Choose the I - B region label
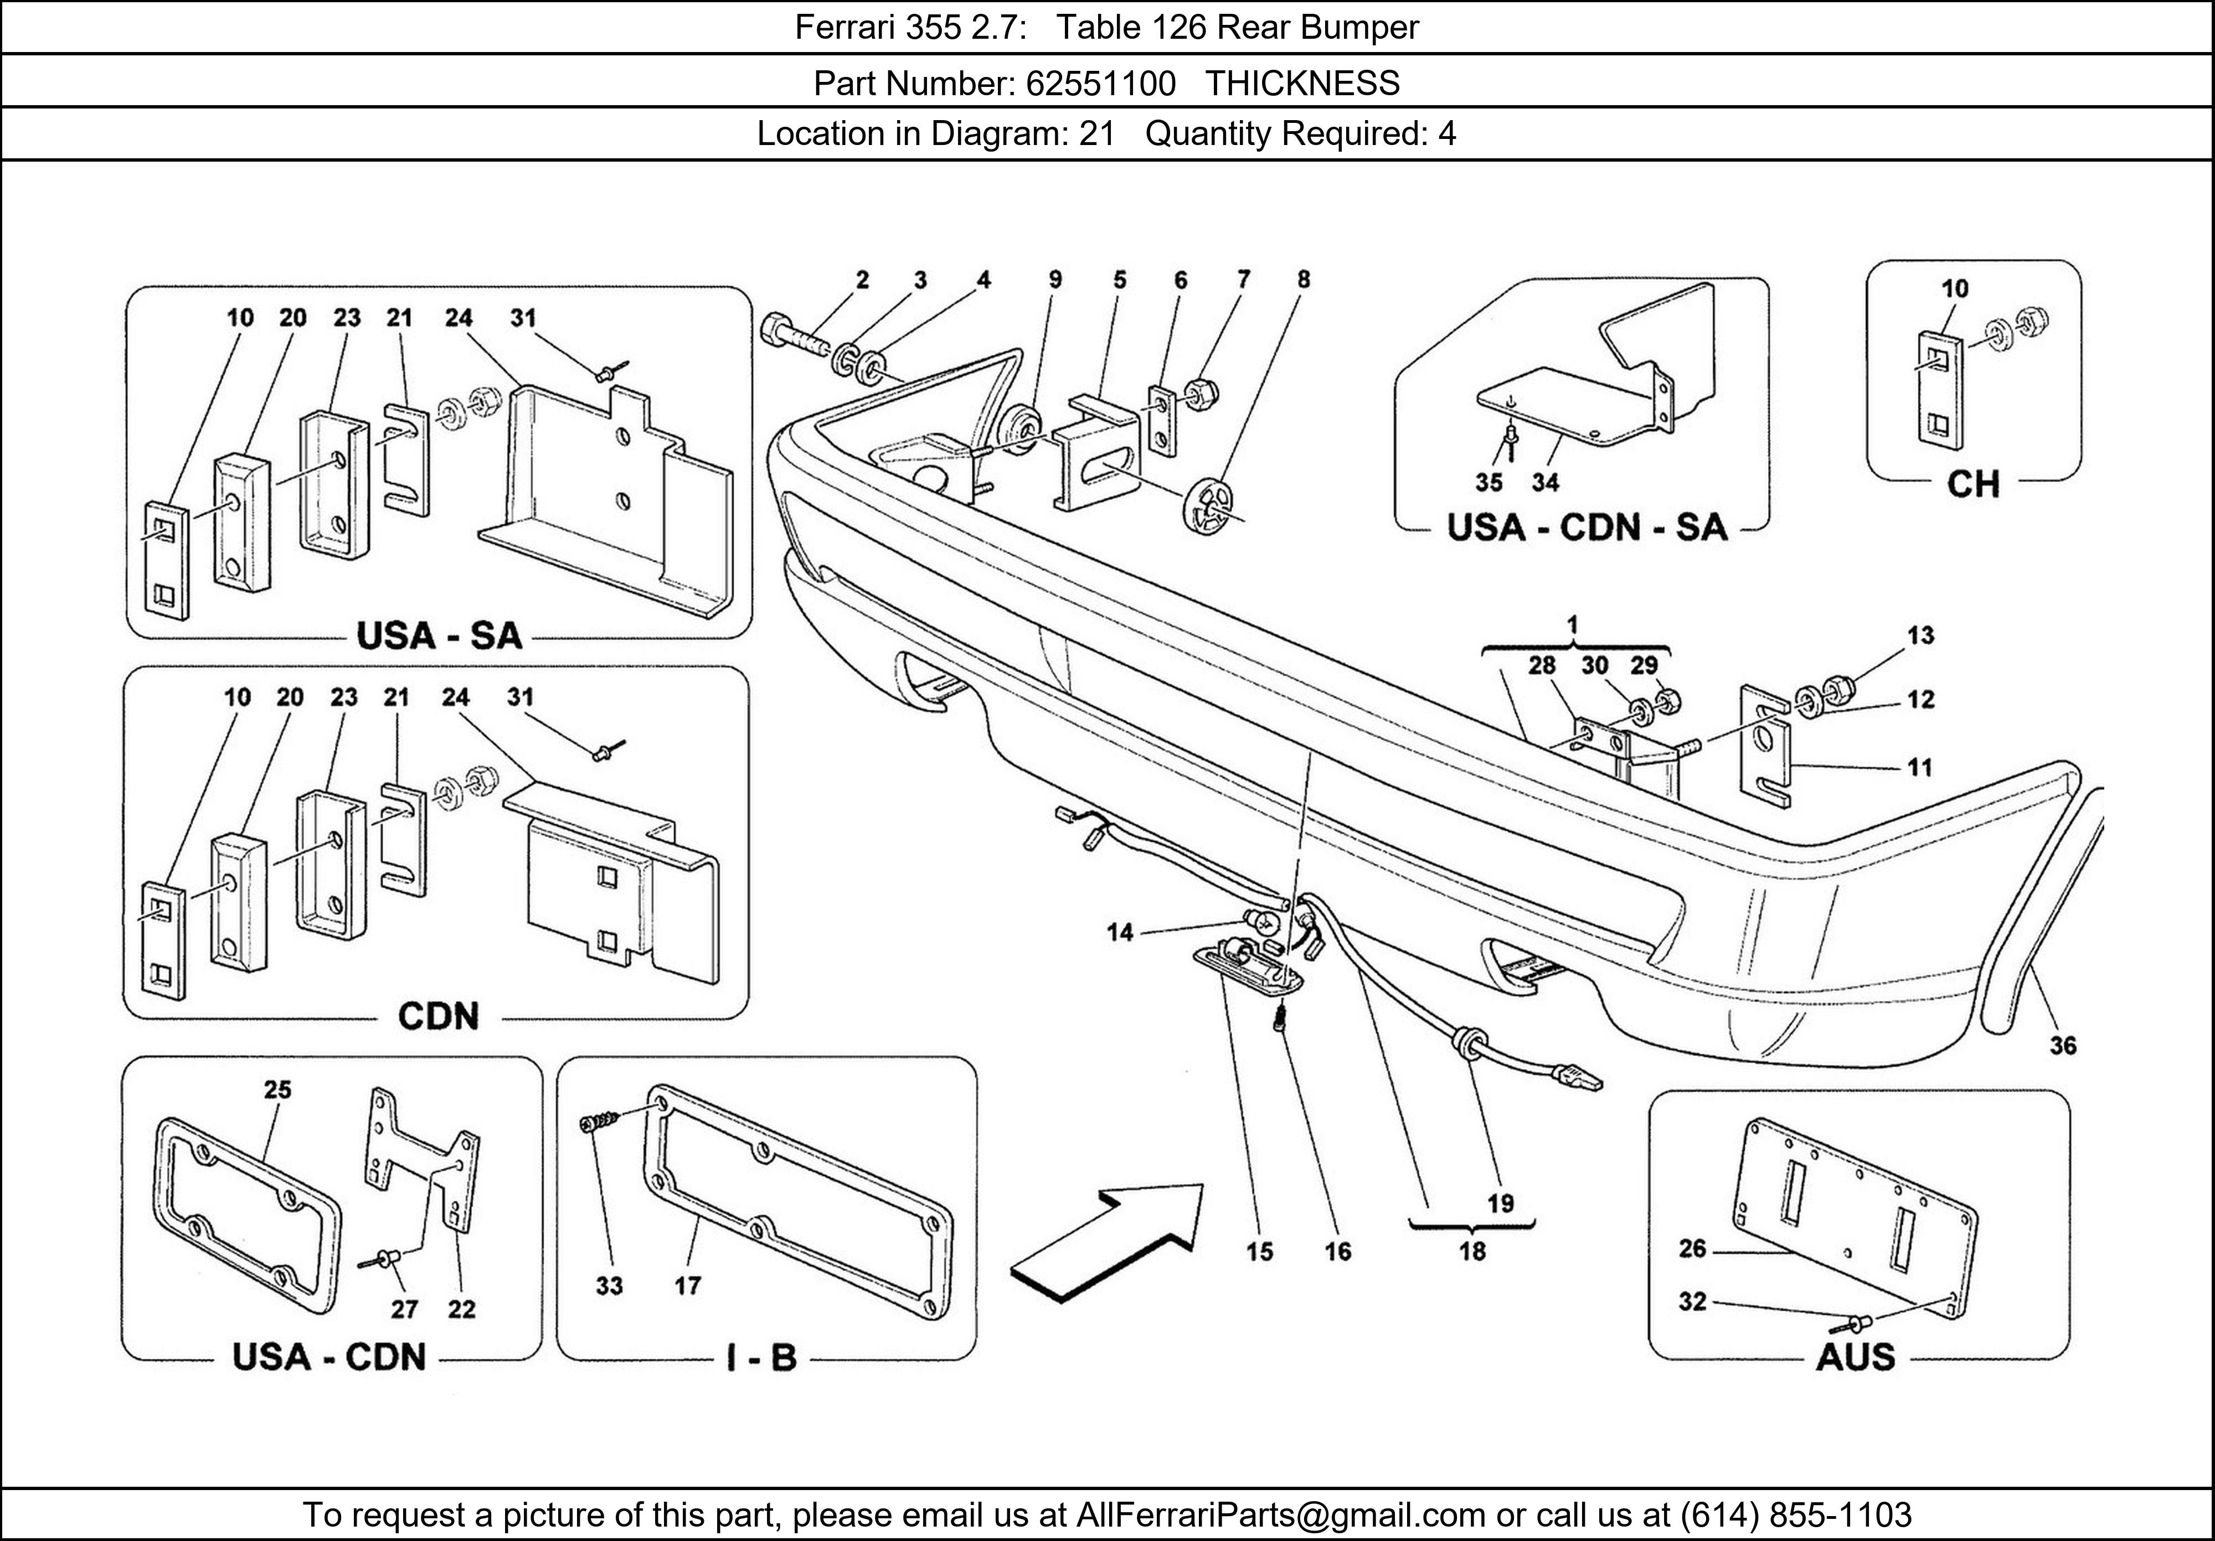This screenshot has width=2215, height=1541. [761, 1358]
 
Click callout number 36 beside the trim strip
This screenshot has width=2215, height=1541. [2063, 1046]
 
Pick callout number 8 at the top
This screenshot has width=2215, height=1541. [1304, 280]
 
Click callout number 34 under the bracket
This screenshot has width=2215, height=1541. [1546, 482]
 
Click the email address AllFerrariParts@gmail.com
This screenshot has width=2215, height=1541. [1280, 1515]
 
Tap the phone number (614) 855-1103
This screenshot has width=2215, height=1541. [1796, 1515]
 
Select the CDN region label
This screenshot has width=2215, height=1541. [439, 1016]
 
